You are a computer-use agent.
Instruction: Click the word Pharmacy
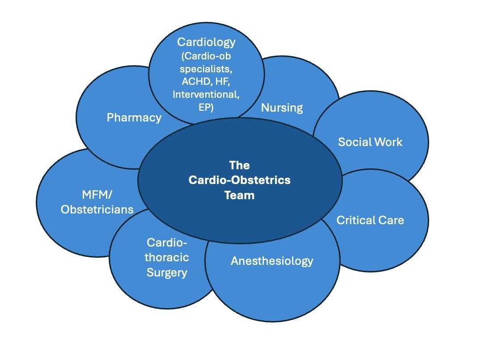pyautogui.click(x=134, y=118)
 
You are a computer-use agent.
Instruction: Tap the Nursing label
pyautogui.click(x=282, y=108)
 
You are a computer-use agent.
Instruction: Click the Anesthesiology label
pyautogui.click(x=272, y=261)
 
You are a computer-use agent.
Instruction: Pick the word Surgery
pyautogui.click(x=166, y=272)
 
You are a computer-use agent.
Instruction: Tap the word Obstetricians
pyautogui.click(x=97, y=209)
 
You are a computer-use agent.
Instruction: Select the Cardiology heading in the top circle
pyautogui.click(x=206, y=42)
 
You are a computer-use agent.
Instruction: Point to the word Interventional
pyautogui.click(x=206, y=94)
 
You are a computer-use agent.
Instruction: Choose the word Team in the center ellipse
pyautogui.click(x=239, y=195)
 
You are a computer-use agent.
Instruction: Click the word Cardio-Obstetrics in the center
pyautogui.click(x=239, y=180)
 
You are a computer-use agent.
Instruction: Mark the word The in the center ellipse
pyautogui.click(x=239, y=165)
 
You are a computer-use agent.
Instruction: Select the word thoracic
pyautogui.click(x=166, y=258)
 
